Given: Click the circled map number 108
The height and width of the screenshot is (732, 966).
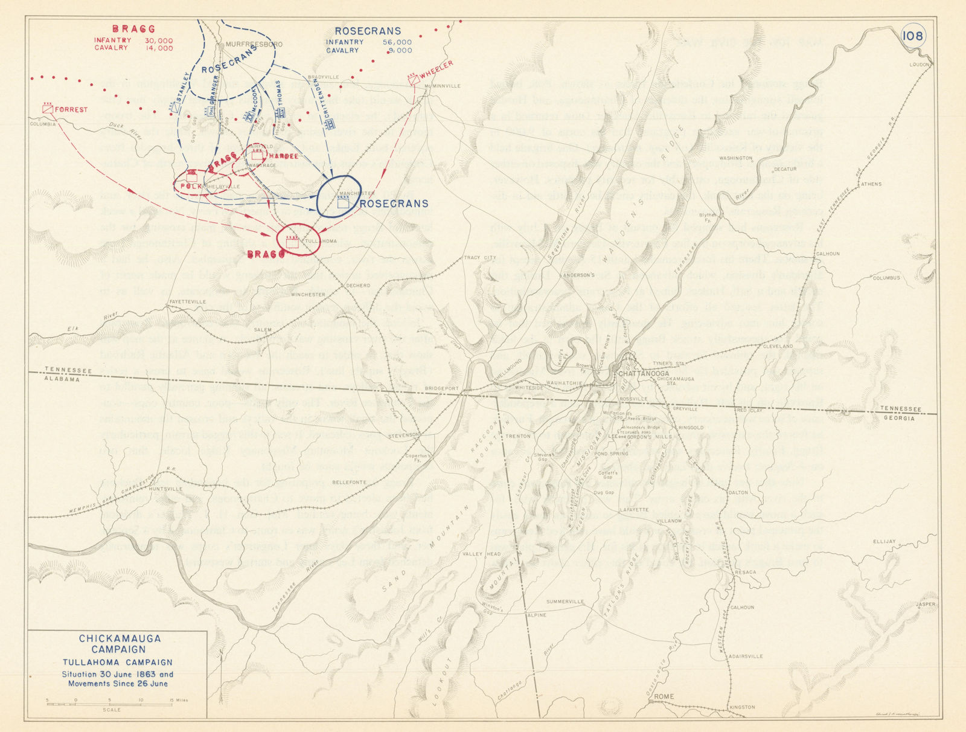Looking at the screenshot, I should click(x=912, y=36).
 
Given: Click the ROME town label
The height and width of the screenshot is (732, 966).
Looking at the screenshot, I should click(x=664, y=696).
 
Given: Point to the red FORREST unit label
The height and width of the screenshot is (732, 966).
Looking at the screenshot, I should click(x=71, y=110).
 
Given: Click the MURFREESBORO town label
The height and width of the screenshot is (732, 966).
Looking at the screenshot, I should click(x=254, y=45).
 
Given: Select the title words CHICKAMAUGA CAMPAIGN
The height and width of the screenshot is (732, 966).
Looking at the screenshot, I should click(x=120, y=644).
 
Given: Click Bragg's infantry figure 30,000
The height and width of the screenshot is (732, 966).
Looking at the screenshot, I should click(x=158, y=40).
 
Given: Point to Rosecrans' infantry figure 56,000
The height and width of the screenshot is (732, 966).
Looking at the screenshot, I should click(x=397, y=42).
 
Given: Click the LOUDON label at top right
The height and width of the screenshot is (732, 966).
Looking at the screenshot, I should click(x=921, y=65).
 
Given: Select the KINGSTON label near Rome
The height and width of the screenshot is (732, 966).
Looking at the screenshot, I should click(x=742, y=707).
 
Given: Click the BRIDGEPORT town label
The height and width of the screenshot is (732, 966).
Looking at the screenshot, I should click(x=442, y=388).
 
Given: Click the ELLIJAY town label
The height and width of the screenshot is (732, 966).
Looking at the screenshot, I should click(x=884, y=541).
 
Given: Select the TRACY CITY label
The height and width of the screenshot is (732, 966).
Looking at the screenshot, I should click(x=479, y=258).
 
